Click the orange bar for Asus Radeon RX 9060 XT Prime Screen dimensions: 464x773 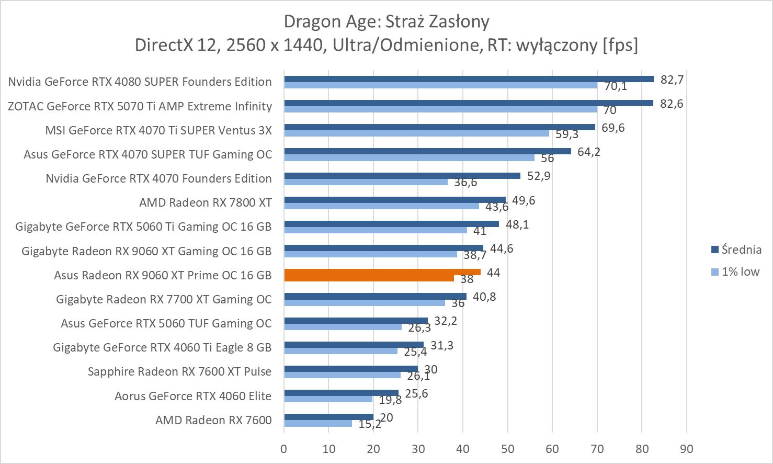[382, 272]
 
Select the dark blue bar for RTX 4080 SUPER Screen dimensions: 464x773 [469, 79]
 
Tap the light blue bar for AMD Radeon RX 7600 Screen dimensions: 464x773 [318, 423]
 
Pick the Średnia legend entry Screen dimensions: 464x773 [736, 250]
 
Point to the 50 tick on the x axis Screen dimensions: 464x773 [507, 449]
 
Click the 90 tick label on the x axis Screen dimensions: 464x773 [686, 449]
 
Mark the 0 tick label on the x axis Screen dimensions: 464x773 [283, 449]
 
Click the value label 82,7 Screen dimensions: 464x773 [672, 80]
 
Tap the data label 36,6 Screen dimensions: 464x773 [465, 183]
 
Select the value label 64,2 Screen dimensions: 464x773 [589, 152]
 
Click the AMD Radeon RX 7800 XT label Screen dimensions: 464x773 [205, 202]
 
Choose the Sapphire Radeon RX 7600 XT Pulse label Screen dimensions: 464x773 [179, 371]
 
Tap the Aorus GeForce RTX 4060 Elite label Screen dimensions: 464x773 [193, 396]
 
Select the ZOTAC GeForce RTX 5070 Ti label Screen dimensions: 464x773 [140, 106]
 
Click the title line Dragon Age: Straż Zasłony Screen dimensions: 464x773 [386, 21]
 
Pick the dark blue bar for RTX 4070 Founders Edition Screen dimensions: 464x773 [402, 176]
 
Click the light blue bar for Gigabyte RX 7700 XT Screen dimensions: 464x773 [364, 303]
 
